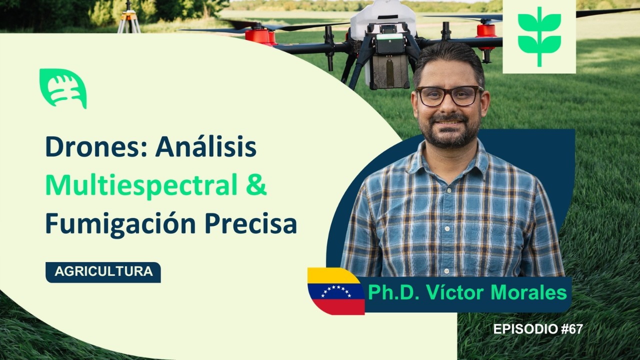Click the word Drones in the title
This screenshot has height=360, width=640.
(95, 147)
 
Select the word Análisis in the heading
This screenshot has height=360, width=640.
(205, 147)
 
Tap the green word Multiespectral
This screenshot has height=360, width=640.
(141, 185)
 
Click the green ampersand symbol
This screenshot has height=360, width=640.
(256, 185)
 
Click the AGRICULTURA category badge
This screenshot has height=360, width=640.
(103, 272)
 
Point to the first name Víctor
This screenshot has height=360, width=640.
(454, 292)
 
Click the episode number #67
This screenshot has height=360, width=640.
(569, 329)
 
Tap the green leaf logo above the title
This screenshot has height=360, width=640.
(63, 88)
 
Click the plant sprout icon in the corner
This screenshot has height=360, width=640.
(539, 36)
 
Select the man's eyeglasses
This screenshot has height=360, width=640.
(448, 96)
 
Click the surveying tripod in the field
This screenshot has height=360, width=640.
(129, 18)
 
